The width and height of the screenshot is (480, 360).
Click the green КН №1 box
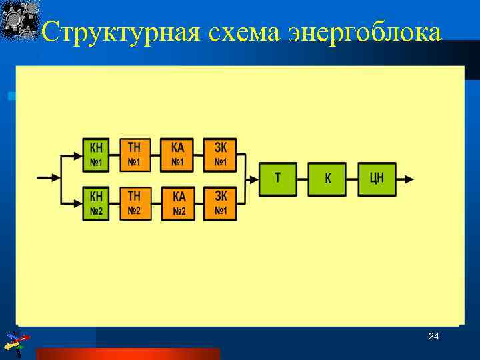tap(97, 155)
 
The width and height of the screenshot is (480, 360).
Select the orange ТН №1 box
tap(135, 155)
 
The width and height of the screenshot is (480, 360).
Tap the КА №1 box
tap(177, 155)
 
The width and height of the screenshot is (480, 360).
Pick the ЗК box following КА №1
tap(220, 155)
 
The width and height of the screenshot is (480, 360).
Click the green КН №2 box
tap(97, 203)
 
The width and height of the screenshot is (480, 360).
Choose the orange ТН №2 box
tap(135, 203)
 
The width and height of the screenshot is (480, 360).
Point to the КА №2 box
tap(178, 203)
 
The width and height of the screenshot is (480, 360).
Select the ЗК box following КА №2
tap(220, 203)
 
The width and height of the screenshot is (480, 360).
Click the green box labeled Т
tap(277, 179)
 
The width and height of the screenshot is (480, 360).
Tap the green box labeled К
tap(327, 179)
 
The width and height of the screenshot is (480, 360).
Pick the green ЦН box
tap(377, 179)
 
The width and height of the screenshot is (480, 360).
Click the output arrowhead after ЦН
tap(409, 179)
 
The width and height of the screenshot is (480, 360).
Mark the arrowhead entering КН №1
tap(77, 155)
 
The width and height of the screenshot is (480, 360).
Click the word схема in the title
tap(246, 32)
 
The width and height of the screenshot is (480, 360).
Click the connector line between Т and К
tap(302, 179)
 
